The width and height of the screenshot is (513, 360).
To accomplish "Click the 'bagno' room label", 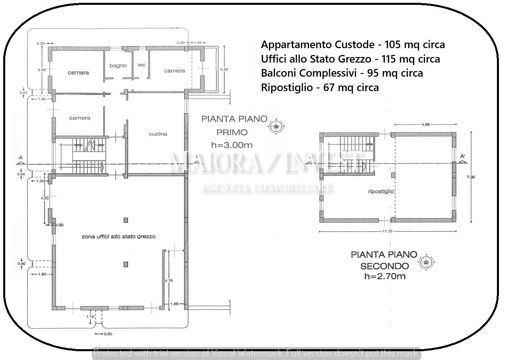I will pos(118,65).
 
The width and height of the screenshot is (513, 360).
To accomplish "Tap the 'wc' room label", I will pos(141,65).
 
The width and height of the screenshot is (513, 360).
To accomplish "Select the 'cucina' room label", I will pos(158,134).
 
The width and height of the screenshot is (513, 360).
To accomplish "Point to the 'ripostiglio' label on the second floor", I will pos(381,191).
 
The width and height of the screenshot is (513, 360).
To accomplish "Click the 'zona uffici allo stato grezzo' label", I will pos(118,237).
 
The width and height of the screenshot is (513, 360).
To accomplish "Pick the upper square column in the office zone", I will pos(126,220).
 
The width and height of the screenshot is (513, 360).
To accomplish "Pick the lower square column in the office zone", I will pos(126,264).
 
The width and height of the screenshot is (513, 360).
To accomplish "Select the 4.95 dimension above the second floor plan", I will pos(425,125).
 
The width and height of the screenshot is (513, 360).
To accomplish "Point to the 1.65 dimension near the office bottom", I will pos(174,304).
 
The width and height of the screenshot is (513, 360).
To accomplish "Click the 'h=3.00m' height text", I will pos(232,144).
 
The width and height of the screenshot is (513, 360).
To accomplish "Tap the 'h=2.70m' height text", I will pos(384,276).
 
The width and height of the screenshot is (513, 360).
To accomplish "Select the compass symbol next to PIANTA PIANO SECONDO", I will pos(427,263).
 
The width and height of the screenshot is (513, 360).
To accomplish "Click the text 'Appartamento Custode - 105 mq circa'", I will pos(353,44).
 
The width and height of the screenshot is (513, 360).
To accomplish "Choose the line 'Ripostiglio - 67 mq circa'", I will pos(320,87).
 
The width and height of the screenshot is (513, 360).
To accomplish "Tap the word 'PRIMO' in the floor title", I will pos(232,132).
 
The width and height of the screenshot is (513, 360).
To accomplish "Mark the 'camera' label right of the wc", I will pos(175,71).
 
